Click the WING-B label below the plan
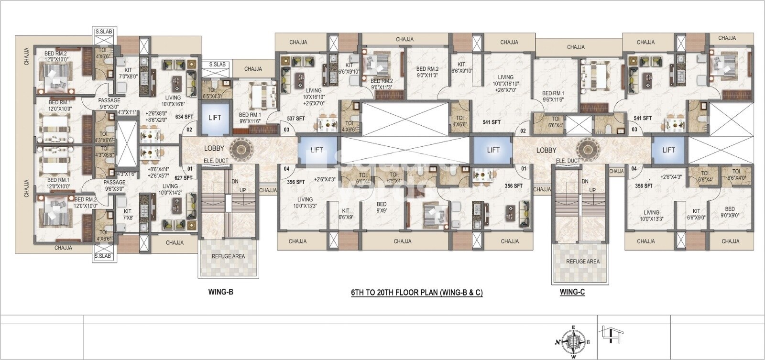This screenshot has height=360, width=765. (220, 292)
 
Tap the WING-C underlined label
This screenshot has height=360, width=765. (572, 292)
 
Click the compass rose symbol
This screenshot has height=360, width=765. (573, 341)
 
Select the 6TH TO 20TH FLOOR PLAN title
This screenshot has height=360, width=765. (416, 293)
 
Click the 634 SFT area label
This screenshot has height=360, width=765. (184, 117)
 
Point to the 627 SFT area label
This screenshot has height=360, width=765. (183, 178)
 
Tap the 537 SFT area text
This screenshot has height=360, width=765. (295, 119)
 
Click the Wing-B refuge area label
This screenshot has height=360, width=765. (228, 256)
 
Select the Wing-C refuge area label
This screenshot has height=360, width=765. (582, 262)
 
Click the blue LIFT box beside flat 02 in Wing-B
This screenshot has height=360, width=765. (215, 118)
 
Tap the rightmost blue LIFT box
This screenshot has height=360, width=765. (668, 150)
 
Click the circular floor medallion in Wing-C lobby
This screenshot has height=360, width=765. (584, 149)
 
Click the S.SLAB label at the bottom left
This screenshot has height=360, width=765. (103, 256)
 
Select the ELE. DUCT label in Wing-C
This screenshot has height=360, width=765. (568, 161)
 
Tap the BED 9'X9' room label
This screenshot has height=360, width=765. (381, 207)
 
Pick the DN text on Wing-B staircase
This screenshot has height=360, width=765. (235, 182)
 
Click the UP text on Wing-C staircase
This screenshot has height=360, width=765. (592, 190)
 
